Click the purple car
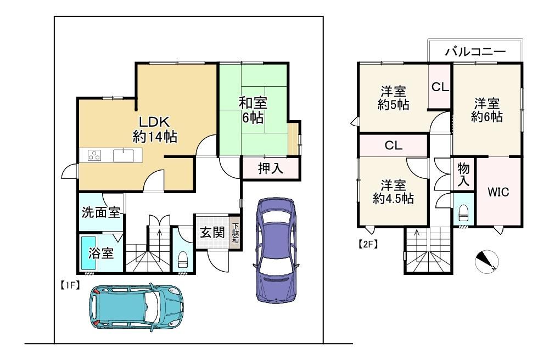tap(276, 250)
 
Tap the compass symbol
tap(486, 261)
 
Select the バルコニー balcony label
tap(475, 52)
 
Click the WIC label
tap(498, 192)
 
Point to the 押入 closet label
tap(270, 168)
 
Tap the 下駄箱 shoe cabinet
tap(236, 233)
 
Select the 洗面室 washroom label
tap(101, 212)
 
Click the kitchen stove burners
tap(94, 155)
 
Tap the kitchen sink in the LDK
tap(123, 155)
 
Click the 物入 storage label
tap(463, 175)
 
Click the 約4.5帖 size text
tap(393, 198)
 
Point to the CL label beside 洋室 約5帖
tap(440, 86)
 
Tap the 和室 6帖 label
tap(253, 110)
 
